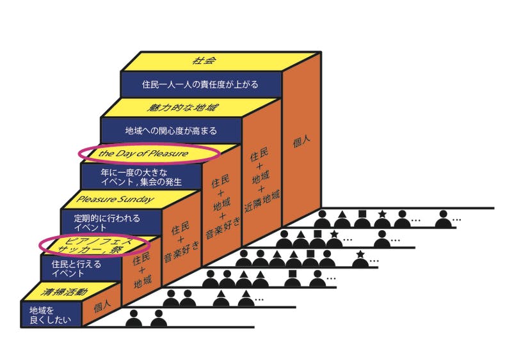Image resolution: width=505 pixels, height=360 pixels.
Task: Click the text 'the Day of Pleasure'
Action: point(148,153)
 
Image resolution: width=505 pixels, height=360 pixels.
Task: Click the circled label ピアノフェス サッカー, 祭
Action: point(94,245)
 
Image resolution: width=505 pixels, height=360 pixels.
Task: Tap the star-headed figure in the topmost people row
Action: point(383,218)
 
